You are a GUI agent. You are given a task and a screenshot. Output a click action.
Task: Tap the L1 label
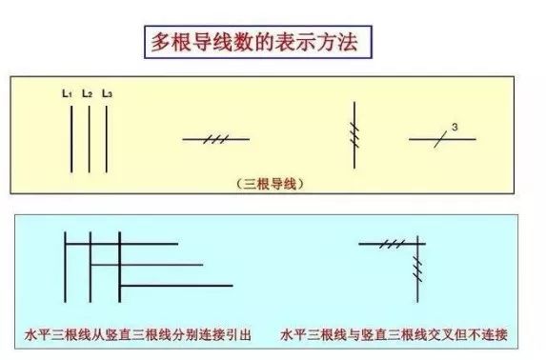[x=67, y=93]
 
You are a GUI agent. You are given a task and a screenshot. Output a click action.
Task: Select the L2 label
[x=87, y=93]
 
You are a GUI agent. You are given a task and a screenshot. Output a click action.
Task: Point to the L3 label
[x=107, y=93]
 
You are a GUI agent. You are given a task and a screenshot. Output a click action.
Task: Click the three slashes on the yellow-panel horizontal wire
[x=215, y=140]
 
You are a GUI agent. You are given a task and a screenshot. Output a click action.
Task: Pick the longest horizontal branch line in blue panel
[x=176, y=285]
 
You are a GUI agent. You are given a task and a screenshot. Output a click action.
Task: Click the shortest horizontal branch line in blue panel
[x=133, y=244]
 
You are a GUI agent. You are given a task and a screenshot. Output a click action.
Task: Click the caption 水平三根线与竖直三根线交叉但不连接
[x=394, y=335]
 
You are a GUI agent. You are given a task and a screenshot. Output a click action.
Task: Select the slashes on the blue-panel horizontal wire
[x=390, y=245]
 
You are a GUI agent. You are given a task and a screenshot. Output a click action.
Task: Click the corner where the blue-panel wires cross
[x=419, y=245]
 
